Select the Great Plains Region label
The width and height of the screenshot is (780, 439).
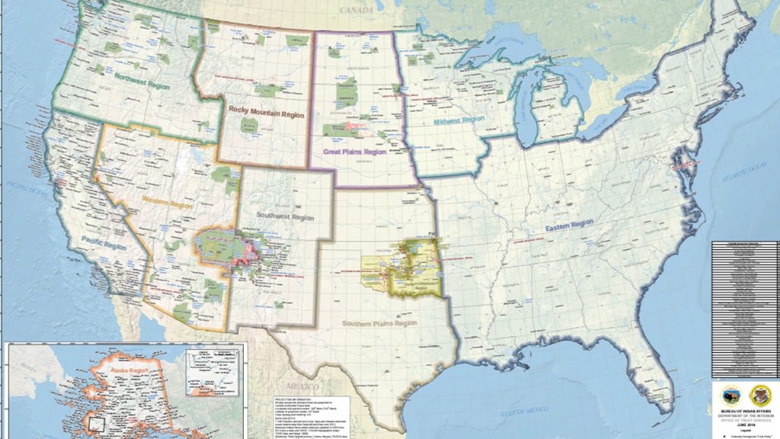click(x=354, y=152)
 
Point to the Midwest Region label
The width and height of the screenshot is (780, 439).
click(x=459, y=120)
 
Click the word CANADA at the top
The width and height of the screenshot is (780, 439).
click(x=357, y=10)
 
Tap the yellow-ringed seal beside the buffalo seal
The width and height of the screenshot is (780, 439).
click(x=760, y=395)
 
